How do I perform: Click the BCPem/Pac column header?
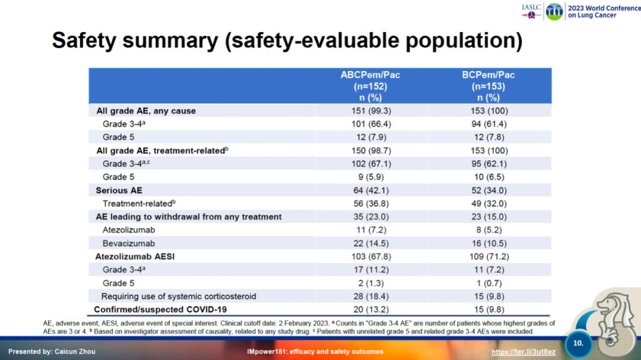click(x=488, y=86)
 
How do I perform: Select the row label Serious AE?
click(x=120, y=190)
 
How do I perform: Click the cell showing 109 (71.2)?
click(x=488, y=256)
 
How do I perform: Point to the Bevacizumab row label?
click(x=129, y=243)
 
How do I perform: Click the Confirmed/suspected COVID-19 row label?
click(x=160, y=309)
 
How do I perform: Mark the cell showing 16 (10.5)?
click(x=488, y=243)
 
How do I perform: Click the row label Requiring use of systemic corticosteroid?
click(x=179, y=296)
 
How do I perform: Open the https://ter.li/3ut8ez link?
click(x=523, y=352)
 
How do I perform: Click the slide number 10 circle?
click(x=578, y=343)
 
